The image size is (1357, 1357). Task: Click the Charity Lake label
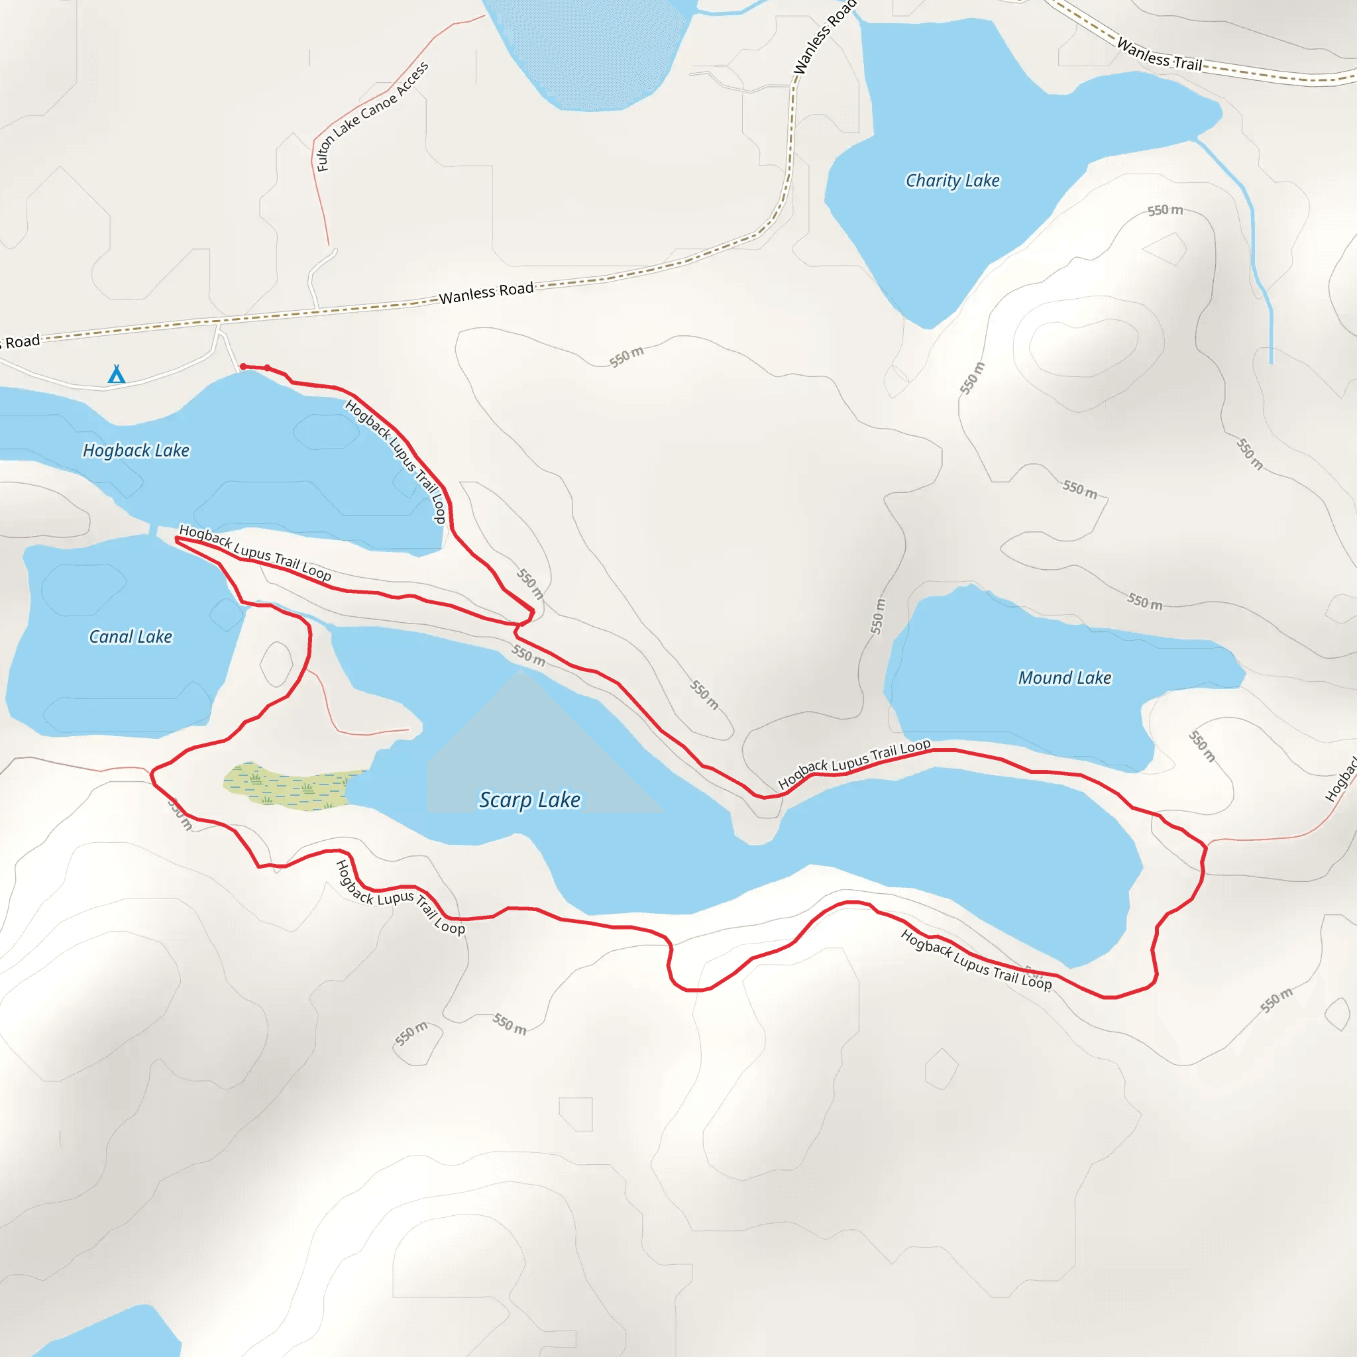coord(951,180)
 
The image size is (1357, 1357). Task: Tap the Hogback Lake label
coord(136,450)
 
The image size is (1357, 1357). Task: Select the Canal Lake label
coord(130,636)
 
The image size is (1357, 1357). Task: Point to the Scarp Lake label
coord(529,799)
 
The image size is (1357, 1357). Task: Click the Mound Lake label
coord(1064,677)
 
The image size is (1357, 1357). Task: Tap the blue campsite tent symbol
coord(117,374)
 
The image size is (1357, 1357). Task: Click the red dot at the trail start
coord(243,366)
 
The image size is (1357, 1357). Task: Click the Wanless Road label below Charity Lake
coord(486,292)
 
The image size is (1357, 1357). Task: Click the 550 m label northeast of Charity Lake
coord(1165,210)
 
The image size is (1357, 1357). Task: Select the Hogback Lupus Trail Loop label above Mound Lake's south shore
coord(853,763)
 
